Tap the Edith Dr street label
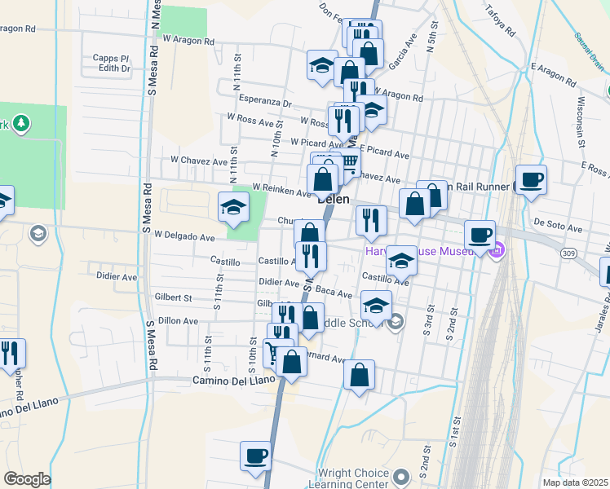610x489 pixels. pyautogui.click(x=114, y=69)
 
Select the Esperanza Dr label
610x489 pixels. pyautogui.click(x=265, y=103)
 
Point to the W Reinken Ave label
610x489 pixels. pyautogui.click(x=282, y=189)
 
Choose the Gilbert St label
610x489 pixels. pyautogui.click(x=172, y=298)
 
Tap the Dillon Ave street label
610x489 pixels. pyautogui.click(x=178, y=321)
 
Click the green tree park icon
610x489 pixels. pyautogui.click(x=19, y=124)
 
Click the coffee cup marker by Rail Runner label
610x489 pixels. pyautogui.click(x=531, y=178)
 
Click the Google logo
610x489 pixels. pyautogui.click(x=27, y=479)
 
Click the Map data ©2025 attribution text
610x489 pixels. pyautogui.click(x=575, y=482)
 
